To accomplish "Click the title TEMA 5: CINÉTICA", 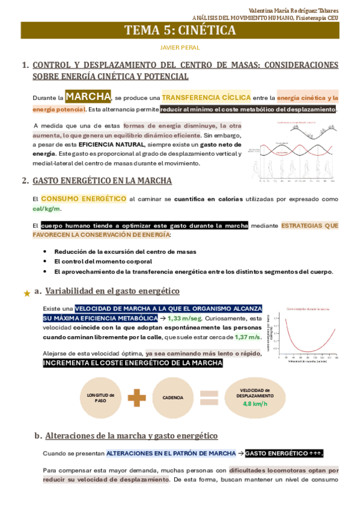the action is [x=180, y=31].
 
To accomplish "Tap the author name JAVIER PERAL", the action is [x=180, y=48].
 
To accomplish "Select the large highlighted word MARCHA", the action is [x=88, y=96].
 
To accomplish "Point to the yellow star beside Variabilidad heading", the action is [x=26, y=293].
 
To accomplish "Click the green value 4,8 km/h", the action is [x=255, y=404].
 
